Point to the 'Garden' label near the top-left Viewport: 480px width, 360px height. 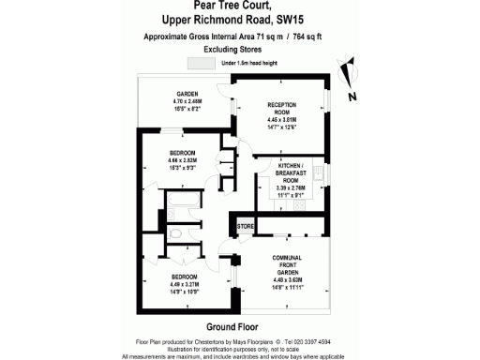(x=186, y=94)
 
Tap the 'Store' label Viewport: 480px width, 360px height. (x=246, y=227)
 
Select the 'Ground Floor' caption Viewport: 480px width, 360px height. (x=232, y=325)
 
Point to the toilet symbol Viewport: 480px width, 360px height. (x=176, y=232)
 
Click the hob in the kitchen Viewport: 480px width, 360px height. (x=319, y=173)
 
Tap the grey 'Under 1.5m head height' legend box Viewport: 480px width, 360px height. (x=202, y=63)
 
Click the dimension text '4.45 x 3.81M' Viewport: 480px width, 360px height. (x=281, y=120)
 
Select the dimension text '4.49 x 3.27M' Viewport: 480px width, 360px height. (x=184, y=284)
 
